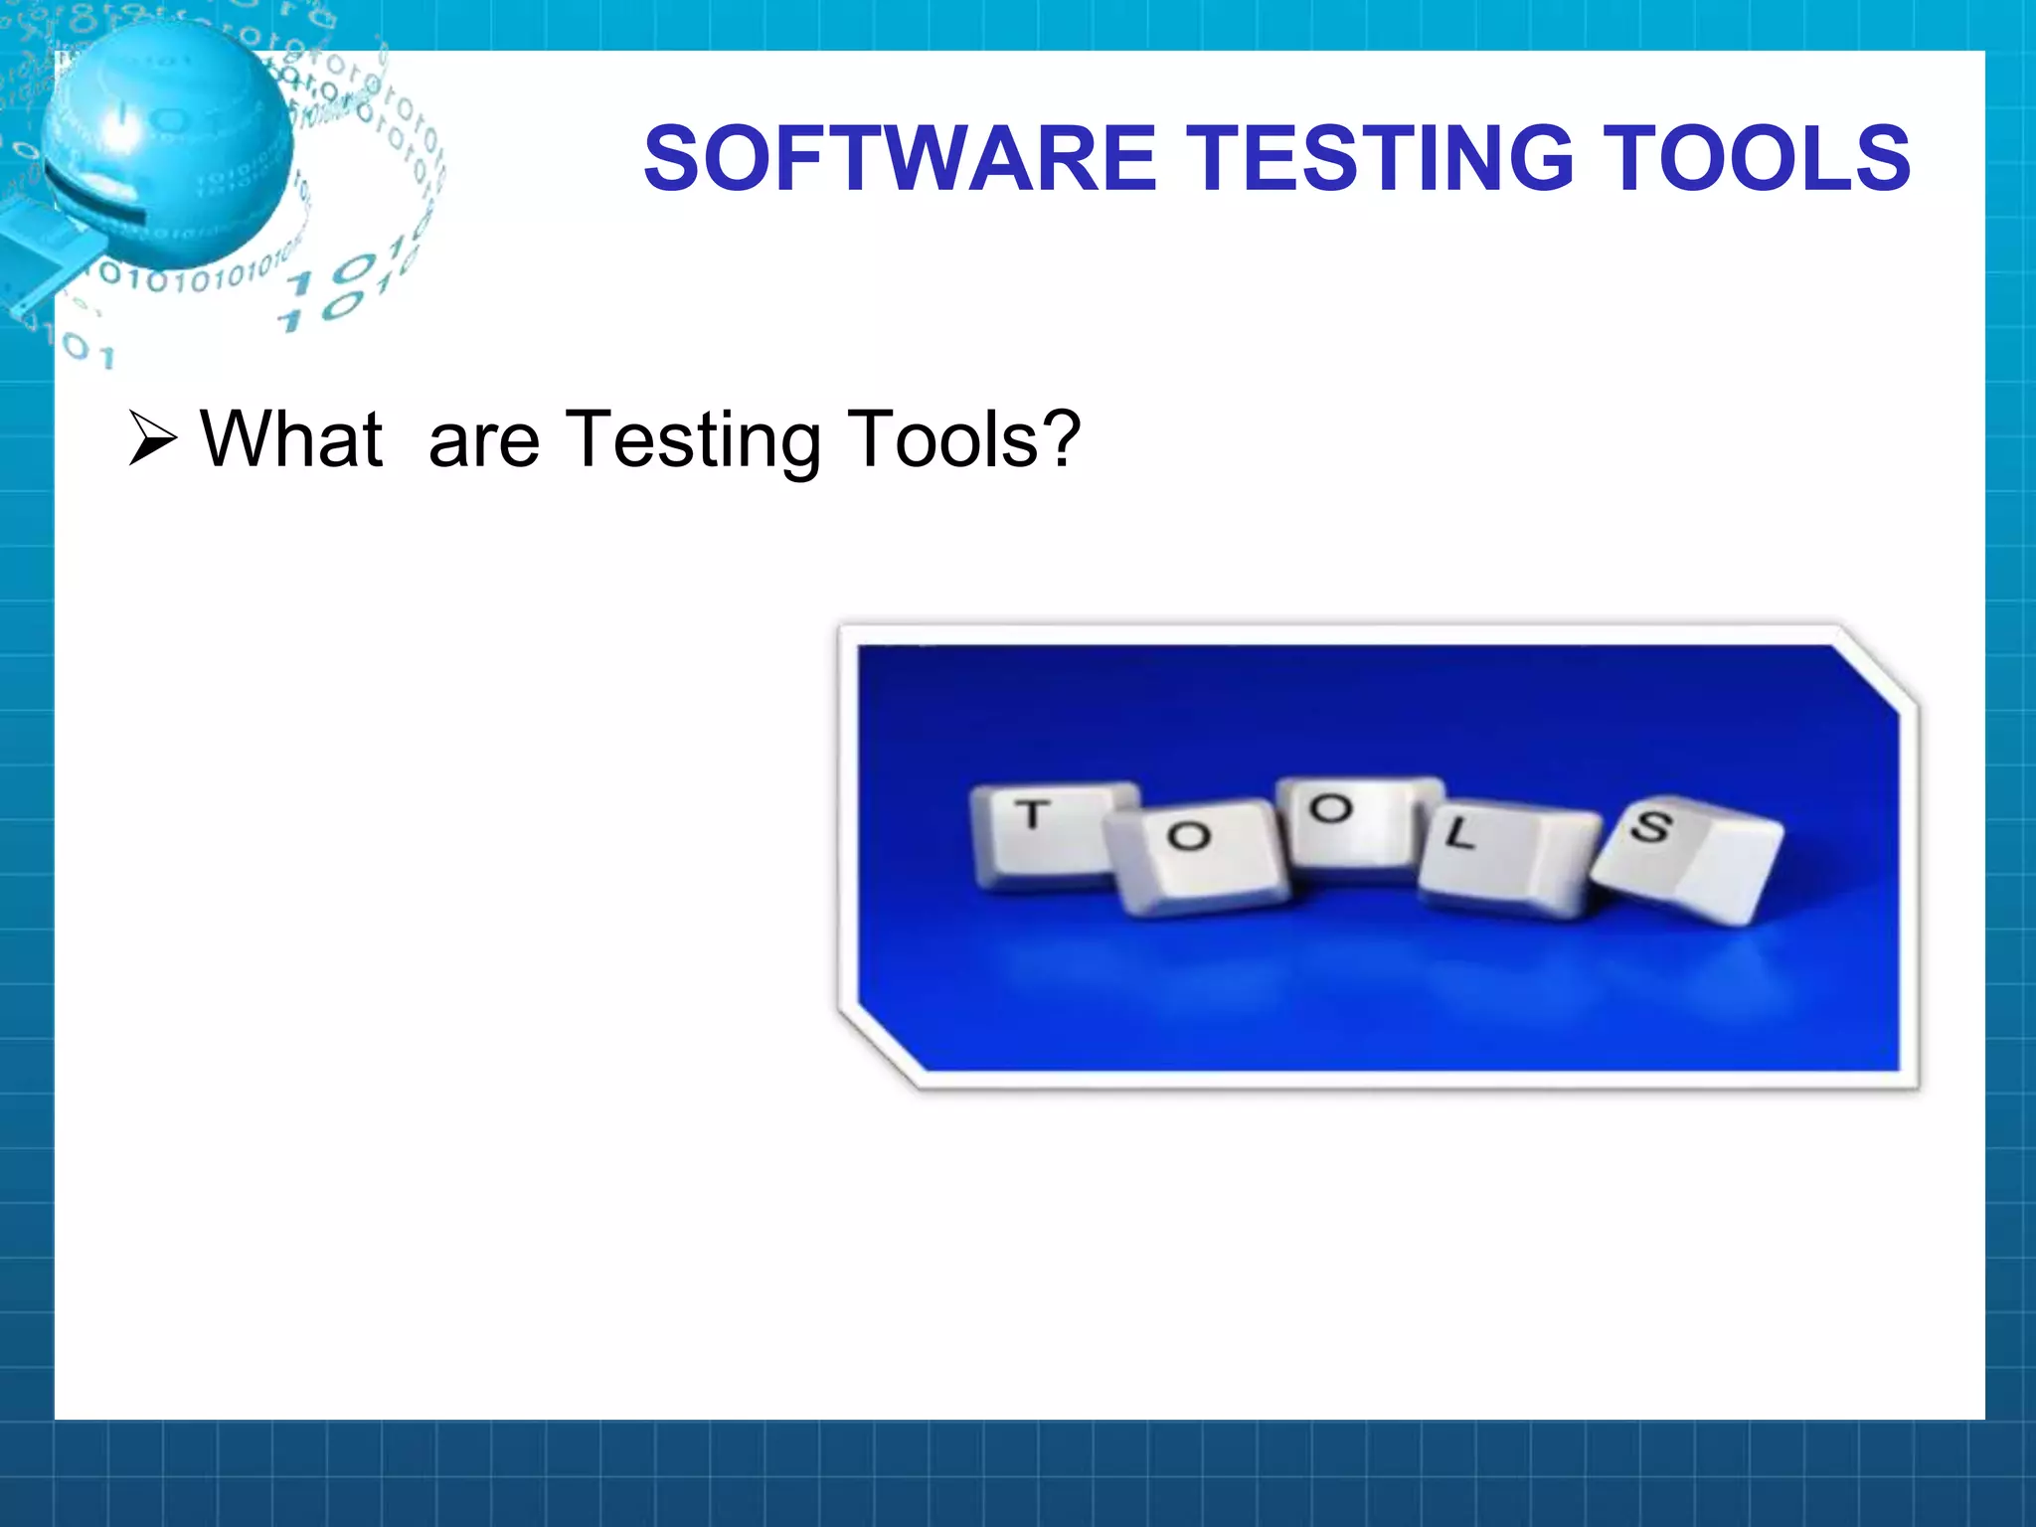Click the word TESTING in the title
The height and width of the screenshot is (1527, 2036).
point(1382,158)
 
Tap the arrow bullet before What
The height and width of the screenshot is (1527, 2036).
point(153,439)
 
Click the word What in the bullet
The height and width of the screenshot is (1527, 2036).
point(291,439)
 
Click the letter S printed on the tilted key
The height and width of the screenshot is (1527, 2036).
point(1650,825)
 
